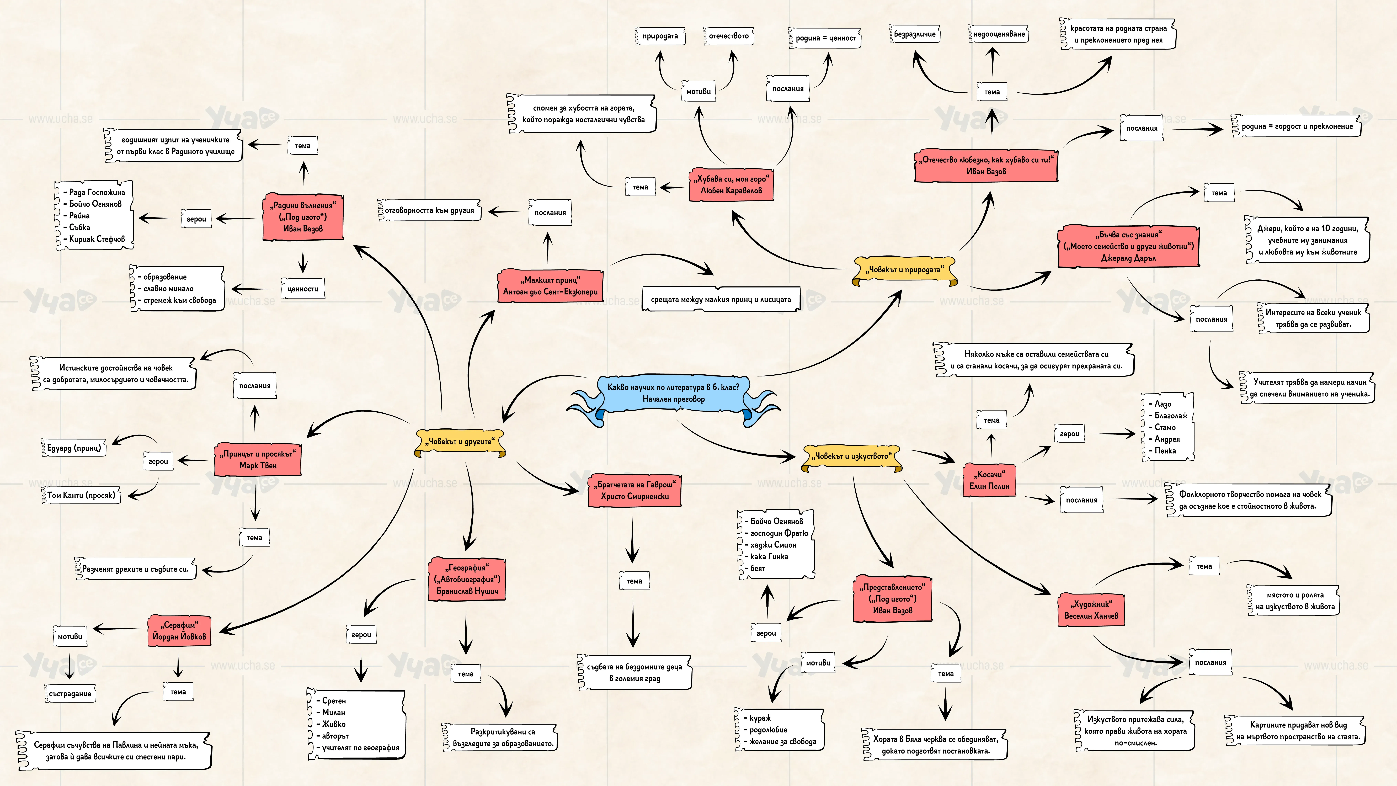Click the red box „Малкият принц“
click(550, 286)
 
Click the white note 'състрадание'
click(70, 694)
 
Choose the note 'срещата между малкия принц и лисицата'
click(721, 299)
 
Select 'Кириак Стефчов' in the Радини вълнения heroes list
click(97, 239)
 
